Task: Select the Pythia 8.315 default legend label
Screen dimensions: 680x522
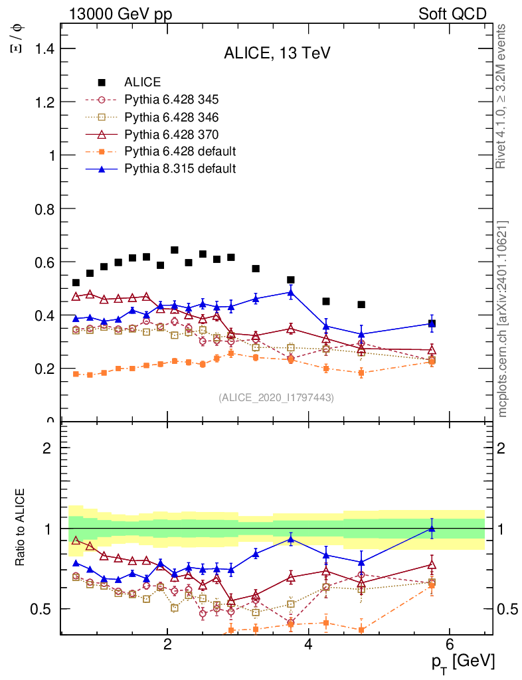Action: pos(179,169)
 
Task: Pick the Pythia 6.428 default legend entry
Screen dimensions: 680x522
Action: pos(179,151)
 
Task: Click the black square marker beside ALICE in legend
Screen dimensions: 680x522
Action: pos(102,82)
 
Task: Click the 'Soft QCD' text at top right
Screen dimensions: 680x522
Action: pos(452,14)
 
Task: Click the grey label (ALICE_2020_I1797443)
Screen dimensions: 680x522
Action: pos(276,397)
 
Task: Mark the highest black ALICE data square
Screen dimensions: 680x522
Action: pos(175,250)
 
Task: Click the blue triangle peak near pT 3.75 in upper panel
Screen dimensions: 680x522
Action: pos(291,292)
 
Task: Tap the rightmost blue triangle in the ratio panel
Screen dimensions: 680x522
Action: pos(432,529)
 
